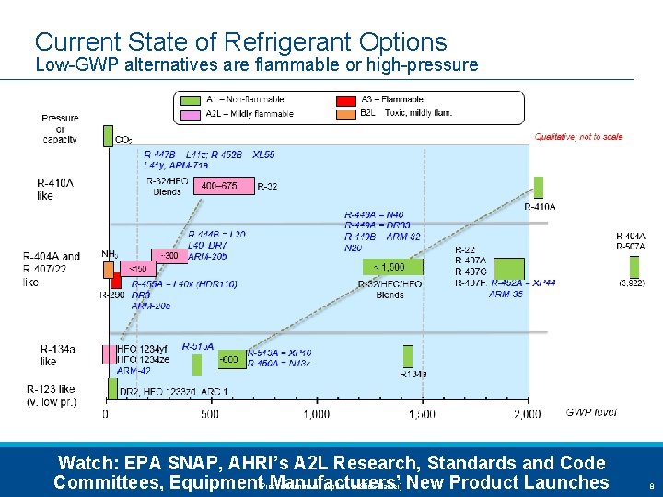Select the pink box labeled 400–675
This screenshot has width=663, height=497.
219,186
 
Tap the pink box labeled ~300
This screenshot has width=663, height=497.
170,254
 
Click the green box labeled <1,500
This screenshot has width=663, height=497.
383,267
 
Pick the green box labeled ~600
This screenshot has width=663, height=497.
229,359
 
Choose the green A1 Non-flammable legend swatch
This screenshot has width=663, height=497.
191,99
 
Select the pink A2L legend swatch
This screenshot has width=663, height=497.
191,113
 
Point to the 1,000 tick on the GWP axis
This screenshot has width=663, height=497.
316,415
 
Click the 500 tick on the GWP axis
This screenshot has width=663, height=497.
209,415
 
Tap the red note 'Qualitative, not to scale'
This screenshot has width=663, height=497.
578,137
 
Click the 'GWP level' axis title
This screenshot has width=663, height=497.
591,412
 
